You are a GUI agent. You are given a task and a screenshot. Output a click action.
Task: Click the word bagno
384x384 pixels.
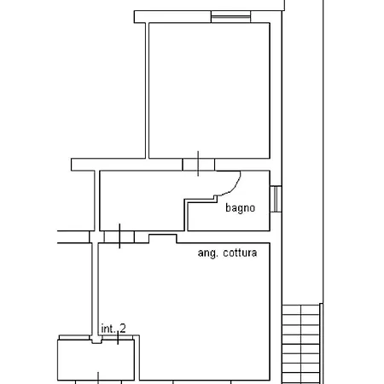tap(240, 208)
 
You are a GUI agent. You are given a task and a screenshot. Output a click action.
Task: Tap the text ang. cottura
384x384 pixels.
tap(227, 253)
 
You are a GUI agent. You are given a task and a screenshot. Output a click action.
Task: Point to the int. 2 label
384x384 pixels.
tap(113, 329)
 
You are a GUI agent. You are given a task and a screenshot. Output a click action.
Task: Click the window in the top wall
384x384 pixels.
tap(230, 17)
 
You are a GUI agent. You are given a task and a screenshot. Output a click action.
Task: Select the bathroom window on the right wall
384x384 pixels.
tap(276, 199)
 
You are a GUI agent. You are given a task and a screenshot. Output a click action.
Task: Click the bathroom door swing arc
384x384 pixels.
tap(231, 184)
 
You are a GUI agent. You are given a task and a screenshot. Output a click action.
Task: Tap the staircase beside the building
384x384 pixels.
tap(300, 344)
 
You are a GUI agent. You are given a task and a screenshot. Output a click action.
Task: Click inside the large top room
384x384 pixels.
tap(209, 90)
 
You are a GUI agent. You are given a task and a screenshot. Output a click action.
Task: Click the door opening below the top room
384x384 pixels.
tap(198, 165)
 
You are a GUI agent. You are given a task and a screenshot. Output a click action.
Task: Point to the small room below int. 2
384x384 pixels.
tap(96, 360)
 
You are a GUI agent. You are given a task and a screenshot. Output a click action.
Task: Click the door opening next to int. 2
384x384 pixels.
tap(118, 338)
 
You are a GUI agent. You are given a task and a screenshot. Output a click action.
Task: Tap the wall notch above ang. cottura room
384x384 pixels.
tap(163, 239)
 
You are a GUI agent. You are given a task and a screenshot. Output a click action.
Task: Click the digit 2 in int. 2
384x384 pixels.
tap(123, 329)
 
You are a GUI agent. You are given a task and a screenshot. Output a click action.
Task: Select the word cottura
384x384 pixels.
tap(240, 253)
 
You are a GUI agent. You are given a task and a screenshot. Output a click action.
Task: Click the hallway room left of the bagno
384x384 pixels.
tap(143, 201)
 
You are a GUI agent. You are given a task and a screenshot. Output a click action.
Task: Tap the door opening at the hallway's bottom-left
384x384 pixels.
tap(119, 237)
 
